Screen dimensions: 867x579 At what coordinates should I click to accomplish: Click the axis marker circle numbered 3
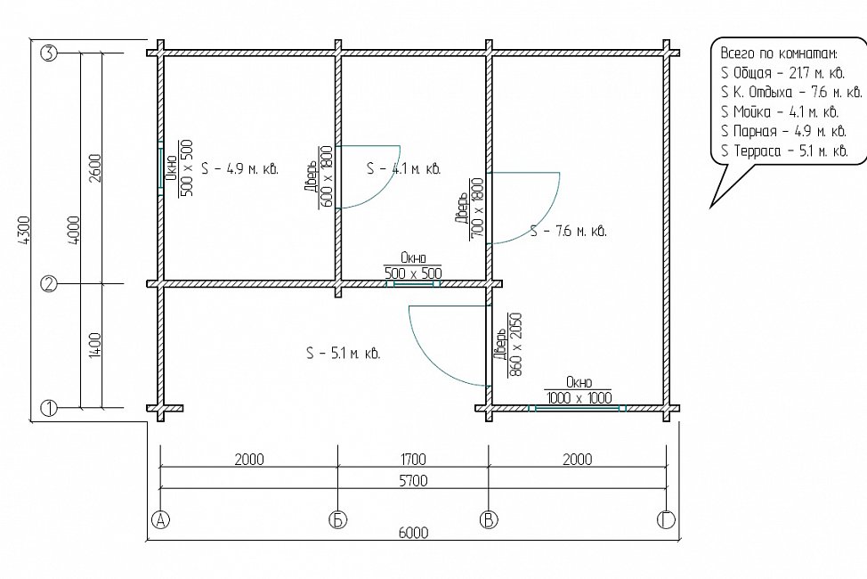(x=49, y=53)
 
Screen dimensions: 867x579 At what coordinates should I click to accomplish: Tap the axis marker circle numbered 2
(x=49, y=284)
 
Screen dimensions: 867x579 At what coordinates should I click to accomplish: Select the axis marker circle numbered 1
(x=49, y=409)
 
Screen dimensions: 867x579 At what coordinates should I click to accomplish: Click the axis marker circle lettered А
(x=160, y=520)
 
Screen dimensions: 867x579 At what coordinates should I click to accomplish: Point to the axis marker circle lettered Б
(x=338, y=520)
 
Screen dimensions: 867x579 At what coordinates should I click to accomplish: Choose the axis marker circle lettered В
(x=489, y=520)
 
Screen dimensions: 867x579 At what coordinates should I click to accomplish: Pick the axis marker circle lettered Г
(x=667, y=520)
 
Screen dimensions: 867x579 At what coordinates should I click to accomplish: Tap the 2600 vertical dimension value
(x=94, y=169)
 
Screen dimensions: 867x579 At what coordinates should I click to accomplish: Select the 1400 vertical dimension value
(x=94, y=346)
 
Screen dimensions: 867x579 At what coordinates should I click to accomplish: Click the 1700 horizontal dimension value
(x=413, y=460)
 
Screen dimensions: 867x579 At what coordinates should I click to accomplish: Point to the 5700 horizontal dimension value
(x=413, y=480)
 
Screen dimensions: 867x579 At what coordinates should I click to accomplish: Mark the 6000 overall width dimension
(x=413, y=533)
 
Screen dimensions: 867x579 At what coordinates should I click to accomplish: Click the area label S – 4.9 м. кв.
(x=240, y=169)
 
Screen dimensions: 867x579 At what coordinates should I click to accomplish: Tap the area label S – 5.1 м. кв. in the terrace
(x=344, y=353)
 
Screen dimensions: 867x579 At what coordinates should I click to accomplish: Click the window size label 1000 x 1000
(x=579, y=397)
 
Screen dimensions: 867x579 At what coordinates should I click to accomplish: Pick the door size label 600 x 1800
(x=326, y=177)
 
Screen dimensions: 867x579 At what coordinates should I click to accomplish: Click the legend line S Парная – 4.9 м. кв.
(x=783, y=131)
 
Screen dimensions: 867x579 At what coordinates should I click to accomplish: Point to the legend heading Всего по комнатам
(x=779, y=53)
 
